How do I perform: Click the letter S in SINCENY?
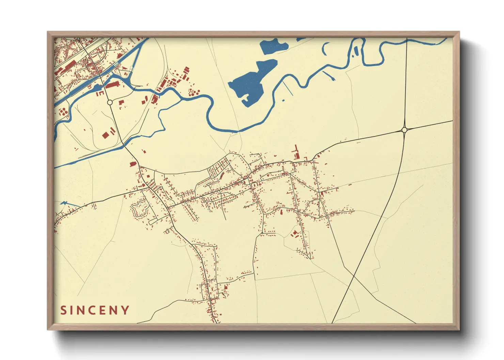[63, 310]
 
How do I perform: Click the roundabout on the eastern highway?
[404, 130]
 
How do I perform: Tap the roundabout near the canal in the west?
[110, 102]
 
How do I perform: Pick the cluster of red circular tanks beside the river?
[193, 92]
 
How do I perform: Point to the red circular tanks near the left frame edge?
[63, 111]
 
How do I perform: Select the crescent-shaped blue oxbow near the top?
[325, 49]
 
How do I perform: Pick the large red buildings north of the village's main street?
[296, 153]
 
